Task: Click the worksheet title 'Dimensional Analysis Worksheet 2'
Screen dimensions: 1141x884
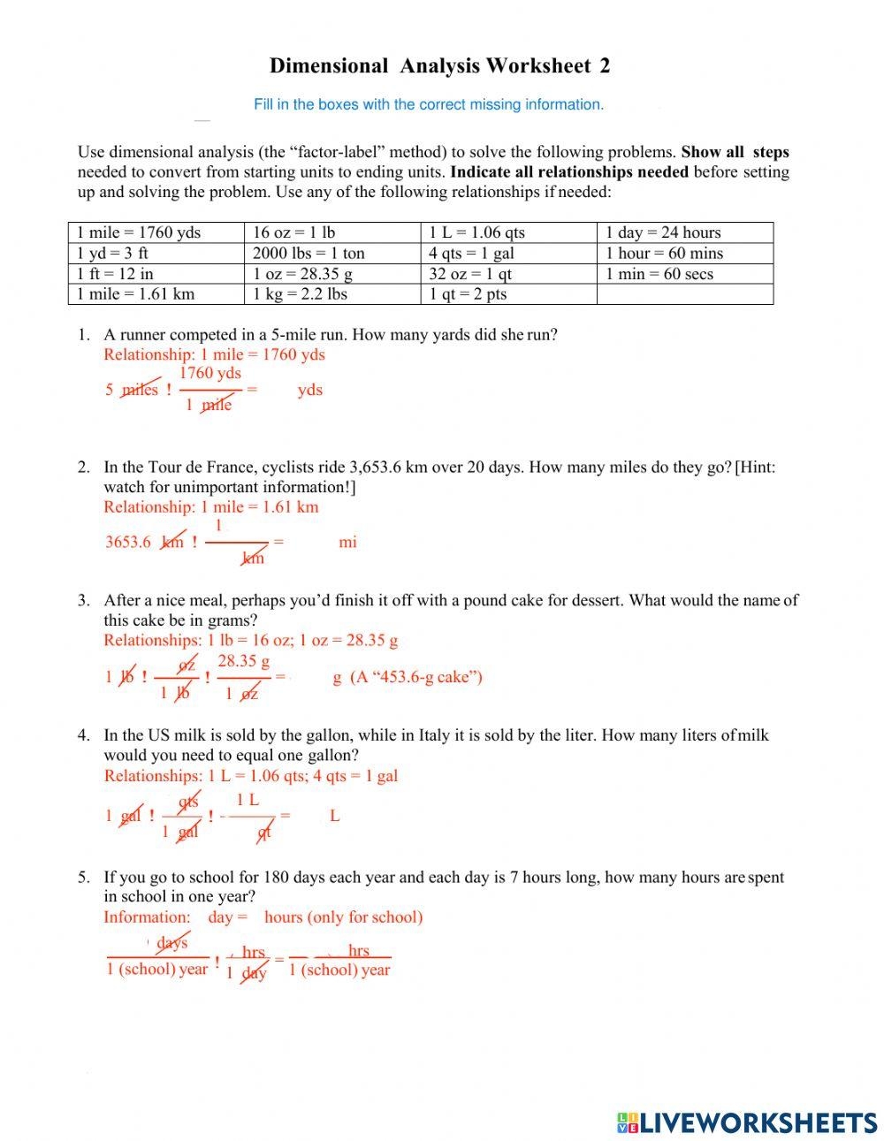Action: point(439,65)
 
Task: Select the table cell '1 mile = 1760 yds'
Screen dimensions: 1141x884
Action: point(139,232)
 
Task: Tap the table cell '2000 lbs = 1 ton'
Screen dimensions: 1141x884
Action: point(309,253)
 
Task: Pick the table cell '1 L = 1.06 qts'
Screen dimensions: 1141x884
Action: point(476,232)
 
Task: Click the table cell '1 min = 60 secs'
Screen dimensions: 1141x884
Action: point(659,274)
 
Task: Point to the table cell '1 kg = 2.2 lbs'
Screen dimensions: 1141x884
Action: point(300,294)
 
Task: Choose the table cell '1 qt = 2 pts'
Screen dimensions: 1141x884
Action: point(468,294)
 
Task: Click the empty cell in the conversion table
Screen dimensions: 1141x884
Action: point(684,294)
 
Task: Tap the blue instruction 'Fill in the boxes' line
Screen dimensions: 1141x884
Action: point(429,104)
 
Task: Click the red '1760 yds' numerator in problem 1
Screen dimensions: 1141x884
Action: point(210,373)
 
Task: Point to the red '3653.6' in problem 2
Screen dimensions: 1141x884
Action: point(128,542)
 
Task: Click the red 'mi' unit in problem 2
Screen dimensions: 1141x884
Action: point(347,542)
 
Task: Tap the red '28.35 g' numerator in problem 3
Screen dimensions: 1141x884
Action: point(244,661)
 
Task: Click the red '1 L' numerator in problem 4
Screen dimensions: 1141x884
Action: point(248,800)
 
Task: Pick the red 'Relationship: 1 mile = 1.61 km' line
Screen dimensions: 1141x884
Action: point(211,506)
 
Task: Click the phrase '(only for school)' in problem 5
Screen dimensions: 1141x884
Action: point(365,917)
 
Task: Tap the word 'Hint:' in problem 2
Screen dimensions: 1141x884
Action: point(756,467)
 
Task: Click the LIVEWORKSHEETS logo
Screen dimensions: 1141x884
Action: point(747,1122)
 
